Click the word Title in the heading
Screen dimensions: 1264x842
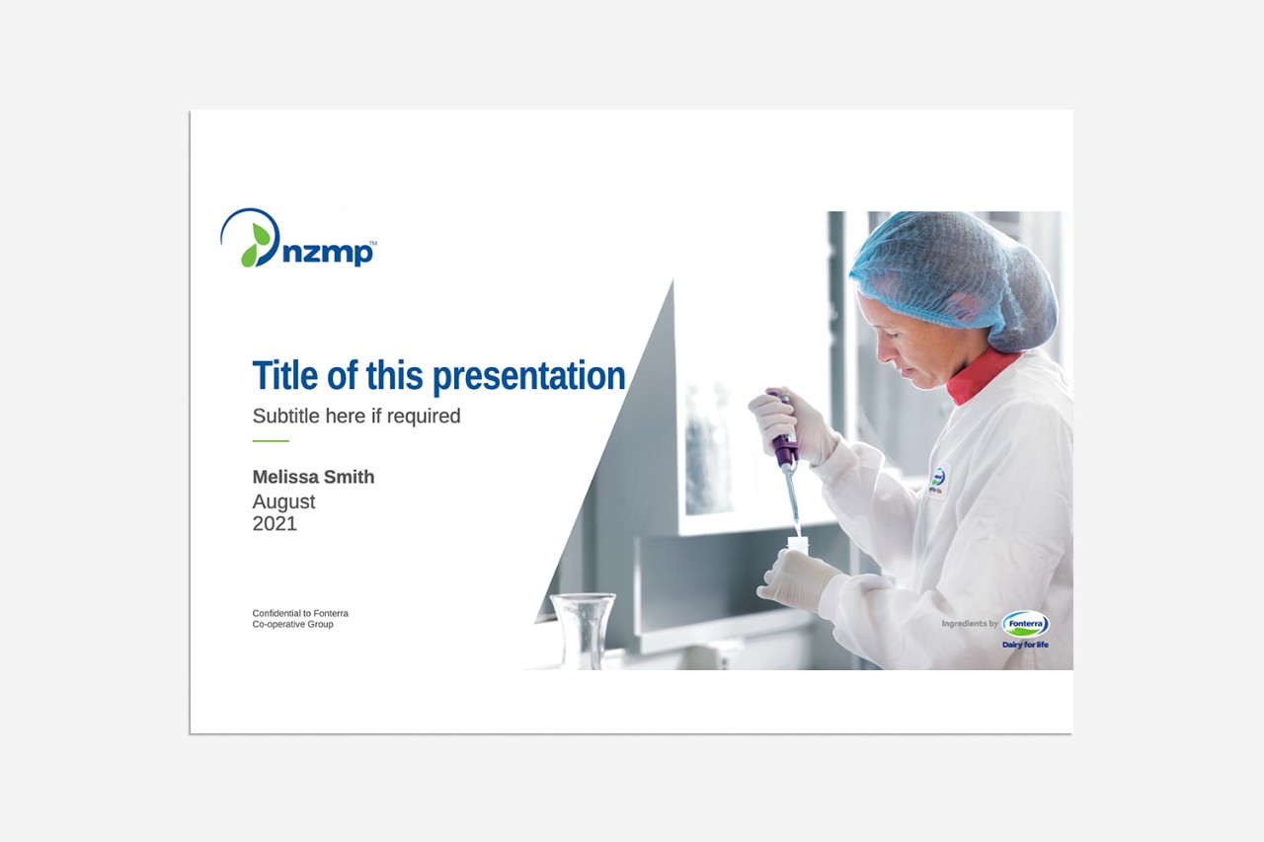click(285, 375)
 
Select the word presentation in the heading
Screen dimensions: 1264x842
click(528, 377)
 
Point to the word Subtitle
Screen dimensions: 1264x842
click(286, 416)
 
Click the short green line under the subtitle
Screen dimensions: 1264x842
click(271, 440)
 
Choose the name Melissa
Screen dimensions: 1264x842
click(285, 477)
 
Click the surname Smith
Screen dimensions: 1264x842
click(350, 477)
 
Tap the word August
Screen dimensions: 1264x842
click(283, 501)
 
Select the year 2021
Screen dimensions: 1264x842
click(275, 523)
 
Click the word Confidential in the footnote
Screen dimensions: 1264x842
click(276, 613)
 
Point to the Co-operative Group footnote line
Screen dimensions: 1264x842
click(293, 624)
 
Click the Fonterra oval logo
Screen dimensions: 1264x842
click(1025, 624)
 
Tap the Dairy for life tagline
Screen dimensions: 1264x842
click(1025, 644)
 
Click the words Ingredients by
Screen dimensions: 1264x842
click(970, 623)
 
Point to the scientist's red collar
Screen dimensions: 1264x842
click(982, 376)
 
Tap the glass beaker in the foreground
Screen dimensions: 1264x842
click(583, 631)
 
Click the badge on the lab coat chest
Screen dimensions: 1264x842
click(937, 482)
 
